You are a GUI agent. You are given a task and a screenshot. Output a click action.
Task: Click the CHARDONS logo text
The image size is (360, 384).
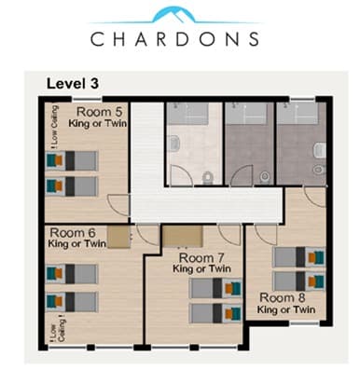point(174,39)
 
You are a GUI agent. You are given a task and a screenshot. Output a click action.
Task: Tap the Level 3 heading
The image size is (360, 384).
point(73,83)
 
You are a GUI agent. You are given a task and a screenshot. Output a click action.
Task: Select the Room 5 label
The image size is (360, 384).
point(99,112)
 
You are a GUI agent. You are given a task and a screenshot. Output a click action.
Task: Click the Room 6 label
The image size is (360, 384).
point(73,233)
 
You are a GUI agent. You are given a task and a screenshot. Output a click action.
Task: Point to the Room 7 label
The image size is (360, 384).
point(201,258)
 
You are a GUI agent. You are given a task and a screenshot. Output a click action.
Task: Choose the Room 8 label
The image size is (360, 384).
point(283,297)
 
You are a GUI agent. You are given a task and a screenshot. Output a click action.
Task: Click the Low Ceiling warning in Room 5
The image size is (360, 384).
point(54,127)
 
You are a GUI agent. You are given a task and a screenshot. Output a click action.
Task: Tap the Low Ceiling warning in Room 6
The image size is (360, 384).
point(58,329)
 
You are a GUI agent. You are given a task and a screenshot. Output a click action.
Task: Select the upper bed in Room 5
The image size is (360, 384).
point(72,161)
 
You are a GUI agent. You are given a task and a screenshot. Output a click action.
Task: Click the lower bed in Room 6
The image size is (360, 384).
point(72,302)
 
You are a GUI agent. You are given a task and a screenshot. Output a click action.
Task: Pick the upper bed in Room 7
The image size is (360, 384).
point(215,288)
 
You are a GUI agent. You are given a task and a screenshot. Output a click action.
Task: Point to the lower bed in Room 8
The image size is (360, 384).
point(299,281)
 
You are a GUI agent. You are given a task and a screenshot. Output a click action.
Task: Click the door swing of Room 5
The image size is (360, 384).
point(118,205)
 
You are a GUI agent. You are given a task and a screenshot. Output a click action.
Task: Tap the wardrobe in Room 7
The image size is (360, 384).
point(183,237)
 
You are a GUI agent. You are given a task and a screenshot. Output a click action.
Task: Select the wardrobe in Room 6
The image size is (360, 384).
point(119,237)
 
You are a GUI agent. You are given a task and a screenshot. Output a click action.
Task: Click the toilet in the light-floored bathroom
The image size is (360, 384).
point(207,178)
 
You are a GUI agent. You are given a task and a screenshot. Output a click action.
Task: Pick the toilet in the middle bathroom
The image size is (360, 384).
point(265,177)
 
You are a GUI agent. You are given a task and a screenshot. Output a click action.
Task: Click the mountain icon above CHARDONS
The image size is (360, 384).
point(174,15)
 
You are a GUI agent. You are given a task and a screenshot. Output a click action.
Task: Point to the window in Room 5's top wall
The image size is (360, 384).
point(87,99)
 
